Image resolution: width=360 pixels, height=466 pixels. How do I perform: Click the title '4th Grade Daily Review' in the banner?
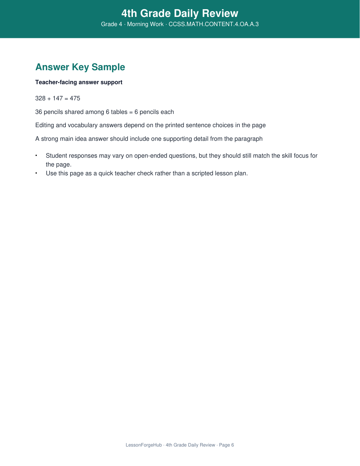pyautogui.click(x=180, y=14)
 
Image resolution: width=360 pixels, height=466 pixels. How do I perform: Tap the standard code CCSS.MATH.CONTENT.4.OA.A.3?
pyautogui.click(x=213, y=24)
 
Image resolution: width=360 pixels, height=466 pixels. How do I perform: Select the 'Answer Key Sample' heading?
pyautogui.click(x=80, y=67)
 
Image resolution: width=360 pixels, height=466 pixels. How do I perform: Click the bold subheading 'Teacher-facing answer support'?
pyautogui.click(x=79, y=82)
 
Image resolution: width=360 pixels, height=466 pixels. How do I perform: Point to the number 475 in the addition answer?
pyautogui.click(x=75, y=98)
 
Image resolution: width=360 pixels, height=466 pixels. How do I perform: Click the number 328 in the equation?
pyautogui.click(x=40, y=98)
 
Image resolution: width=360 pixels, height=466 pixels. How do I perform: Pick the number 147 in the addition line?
pyautogui.click(x=58, y=98)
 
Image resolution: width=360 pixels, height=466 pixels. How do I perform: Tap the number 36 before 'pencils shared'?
pyautogui.click(x=39, y=112)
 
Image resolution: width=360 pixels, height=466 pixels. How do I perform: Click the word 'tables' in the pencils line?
pyautogui.click(x=119, y=112)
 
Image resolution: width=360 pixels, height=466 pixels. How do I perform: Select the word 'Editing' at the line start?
pyautogui.click(x=45, y=125)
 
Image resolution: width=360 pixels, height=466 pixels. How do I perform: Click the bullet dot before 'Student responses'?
pyautogui.click(x=36, y=155)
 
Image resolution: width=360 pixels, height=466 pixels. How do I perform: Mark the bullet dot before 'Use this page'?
pyautogui.click(x=36, y=173)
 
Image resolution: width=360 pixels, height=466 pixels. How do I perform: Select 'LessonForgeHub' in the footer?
pyautogui.click(x=144, y=445)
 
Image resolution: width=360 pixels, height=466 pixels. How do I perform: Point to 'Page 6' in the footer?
pyautogui.click(x=226, y=445)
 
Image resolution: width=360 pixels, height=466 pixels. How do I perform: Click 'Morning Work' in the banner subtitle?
pyautogui.click(x=145, y=24)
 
